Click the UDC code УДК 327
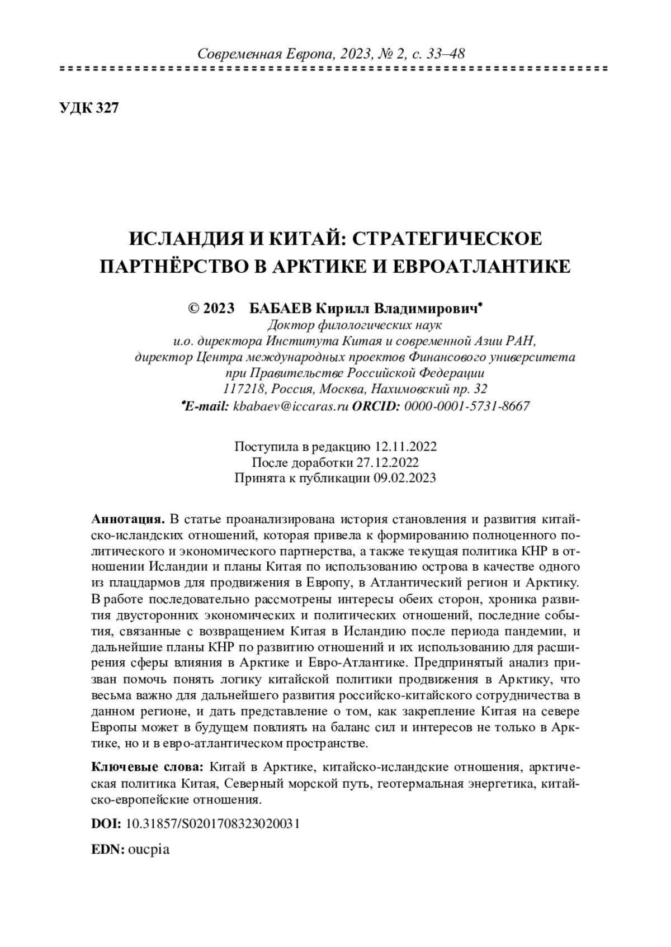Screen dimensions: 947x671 pos(89,108)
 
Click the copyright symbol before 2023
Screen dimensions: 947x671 pos(195,309)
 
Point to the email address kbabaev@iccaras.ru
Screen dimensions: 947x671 pos(291,406)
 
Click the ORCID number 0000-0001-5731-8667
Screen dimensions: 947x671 pos(467,406)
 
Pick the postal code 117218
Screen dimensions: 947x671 pos(241,389)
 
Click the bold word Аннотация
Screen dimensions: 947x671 pos(127,518)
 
